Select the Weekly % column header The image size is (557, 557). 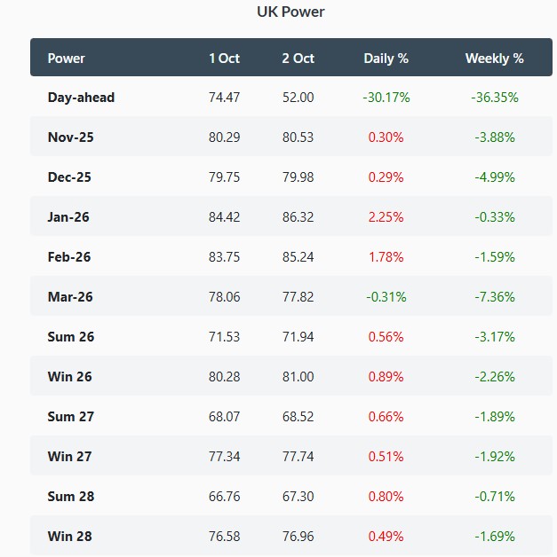point(494,59)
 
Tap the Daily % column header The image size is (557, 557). point(386,59)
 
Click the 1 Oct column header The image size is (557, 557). point(224,59)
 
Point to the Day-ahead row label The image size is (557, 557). point(81,98)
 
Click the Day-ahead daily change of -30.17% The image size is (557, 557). point(386,98)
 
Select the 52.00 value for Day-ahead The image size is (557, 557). point(298,98)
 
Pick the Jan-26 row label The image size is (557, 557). point(68,217)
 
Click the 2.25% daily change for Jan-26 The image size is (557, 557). point(386,217)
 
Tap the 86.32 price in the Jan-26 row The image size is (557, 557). point(298,217)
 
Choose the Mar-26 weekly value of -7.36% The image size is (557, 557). point(494,297)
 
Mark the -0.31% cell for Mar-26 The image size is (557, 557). point(386,297)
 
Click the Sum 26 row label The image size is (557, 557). point(71,337)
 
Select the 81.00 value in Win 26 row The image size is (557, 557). point(298,377)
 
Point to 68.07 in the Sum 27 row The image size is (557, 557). point(224,417)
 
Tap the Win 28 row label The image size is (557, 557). point(70,537)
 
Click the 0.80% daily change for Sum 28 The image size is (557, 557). point(386,497)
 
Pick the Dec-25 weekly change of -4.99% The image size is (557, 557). point(494,177)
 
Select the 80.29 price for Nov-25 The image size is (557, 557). point(224,137)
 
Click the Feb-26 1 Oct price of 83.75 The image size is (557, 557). point(224,257)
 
